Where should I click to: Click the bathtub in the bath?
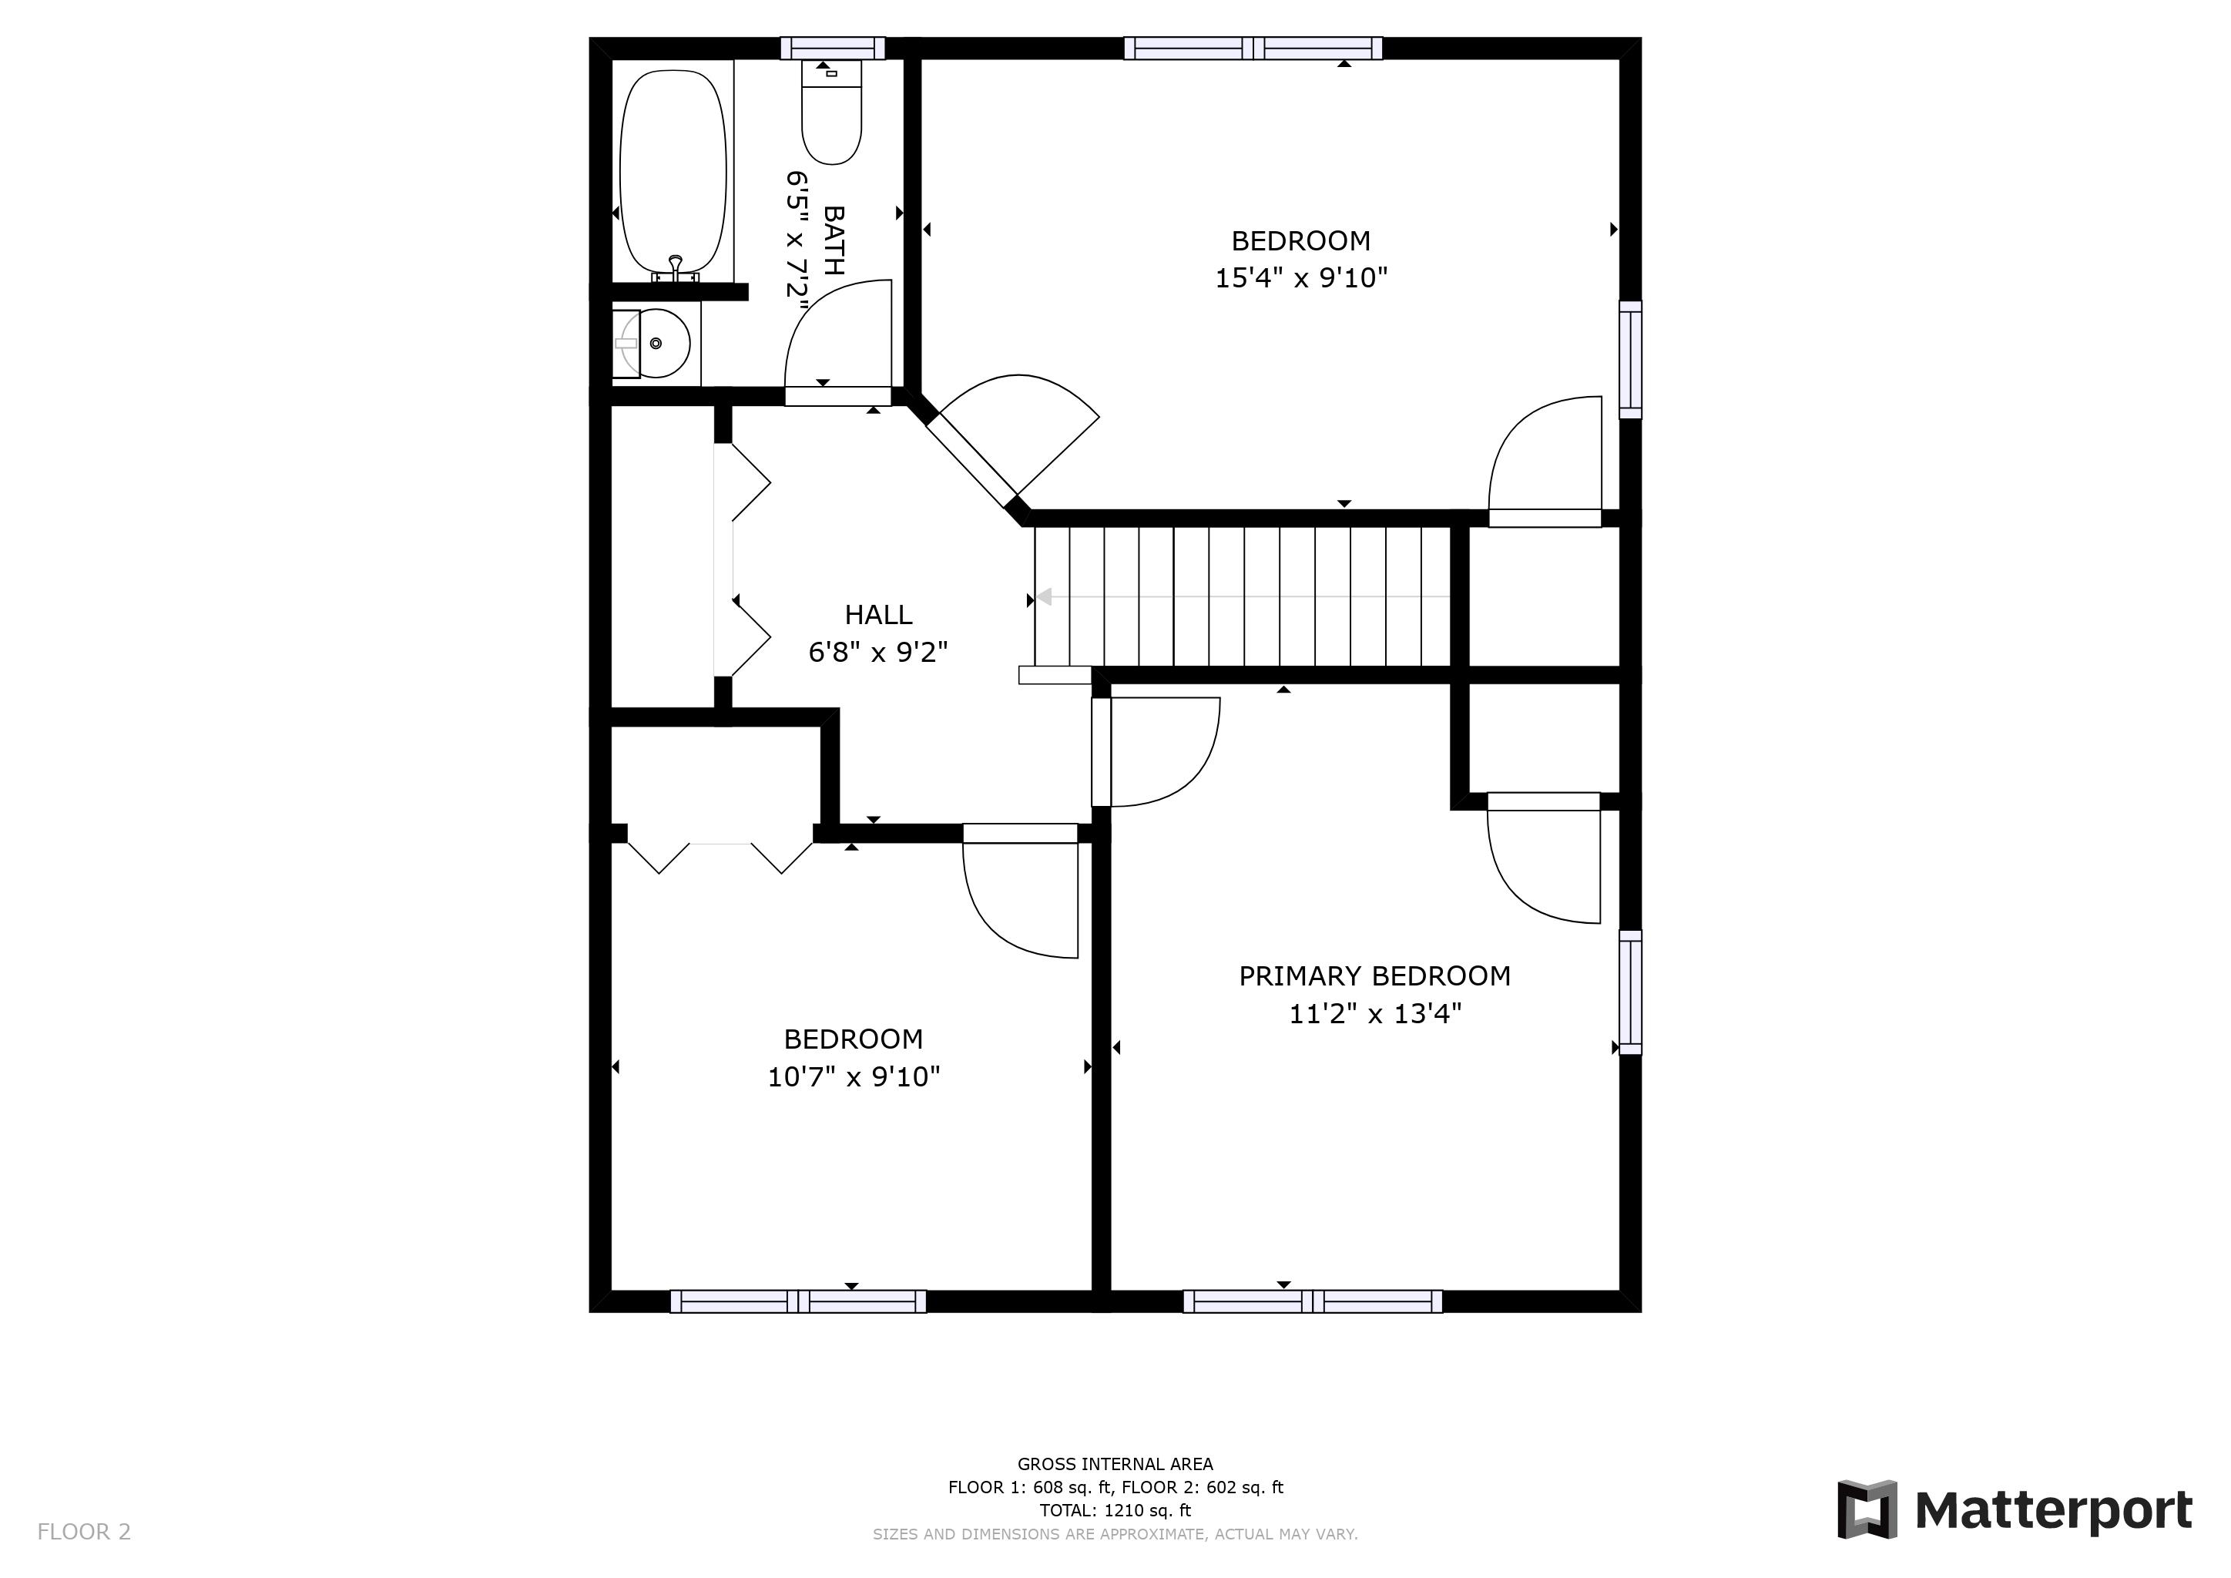[673, 171]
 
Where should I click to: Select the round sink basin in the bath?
[657, 343]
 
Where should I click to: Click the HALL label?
[877, 615]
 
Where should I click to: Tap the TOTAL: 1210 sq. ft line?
[1115, 1511]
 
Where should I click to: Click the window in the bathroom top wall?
[833, 49]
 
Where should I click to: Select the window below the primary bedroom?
[1312, 1301]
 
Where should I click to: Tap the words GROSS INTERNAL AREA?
[1115, 1464]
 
